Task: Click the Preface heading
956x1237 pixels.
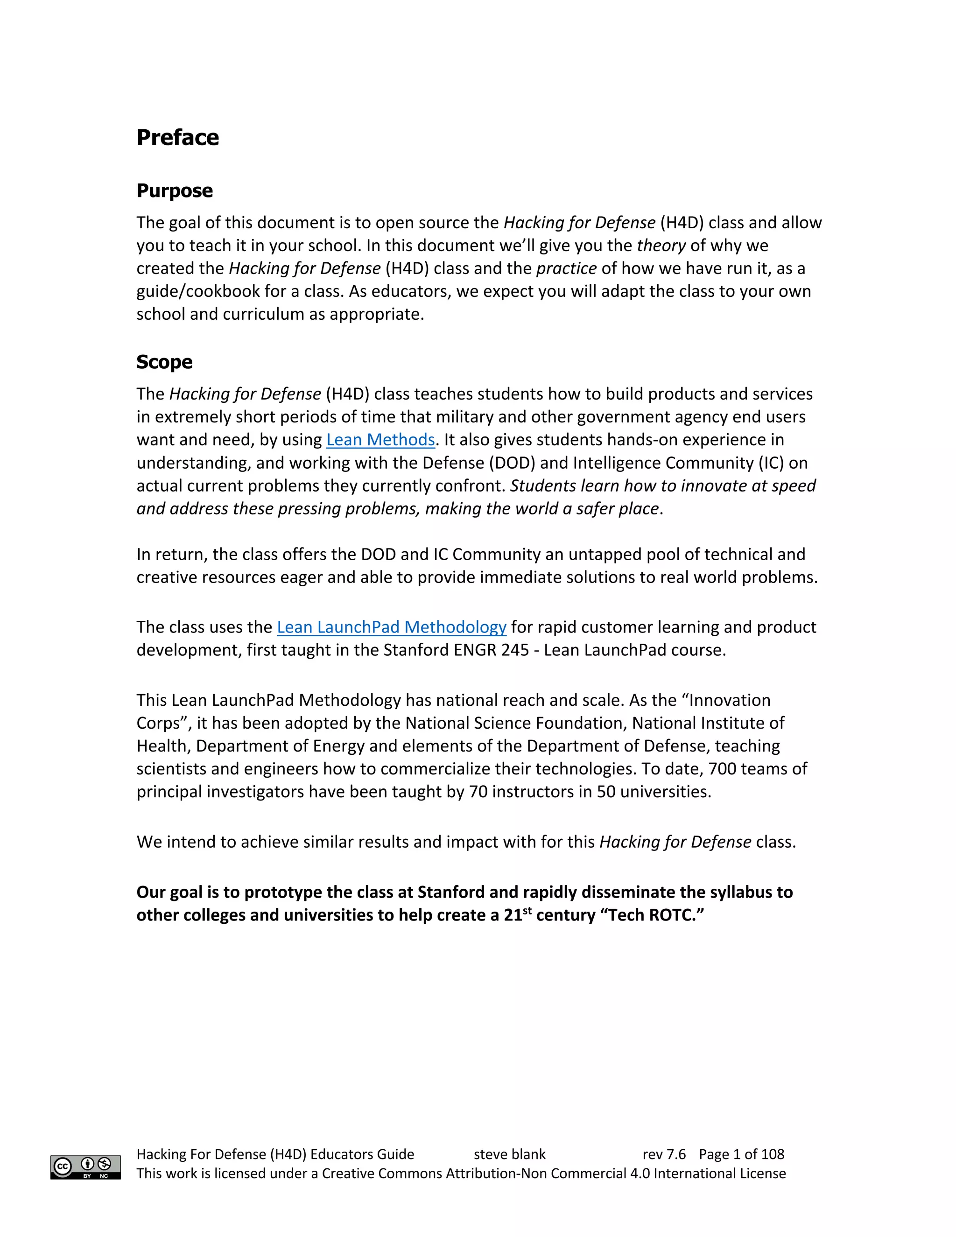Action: tap(177, 138)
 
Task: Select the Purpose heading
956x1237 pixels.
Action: tap(175, 191)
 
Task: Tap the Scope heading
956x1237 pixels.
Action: tap(164, 362)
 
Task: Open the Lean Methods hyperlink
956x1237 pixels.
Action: tap(380, 440)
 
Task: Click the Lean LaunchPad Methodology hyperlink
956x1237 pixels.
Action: tap(391, 627)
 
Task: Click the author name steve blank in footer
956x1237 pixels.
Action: tap(509, 1154)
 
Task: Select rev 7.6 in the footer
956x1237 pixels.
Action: tap(664, 1154)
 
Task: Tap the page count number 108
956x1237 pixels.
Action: tap(773, 1154)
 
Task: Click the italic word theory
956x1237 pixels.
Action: tap(661, 246)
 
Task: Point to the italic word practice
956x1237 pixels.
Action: tap(566, 268)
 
